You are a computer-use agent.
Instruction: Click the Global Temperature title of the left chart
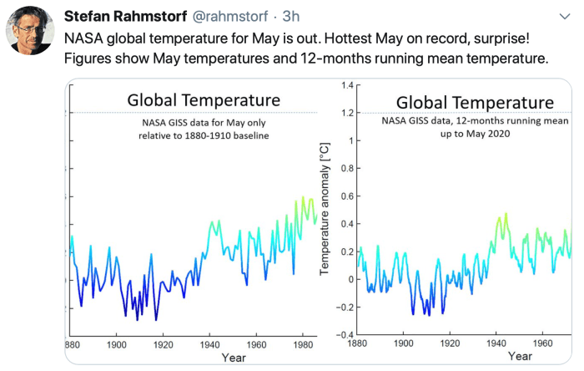point(203,100)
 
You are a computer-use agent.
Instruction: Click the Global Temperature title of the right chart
point(475,102)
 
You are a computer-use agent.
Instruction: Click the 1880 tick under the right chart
point(357,344)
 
